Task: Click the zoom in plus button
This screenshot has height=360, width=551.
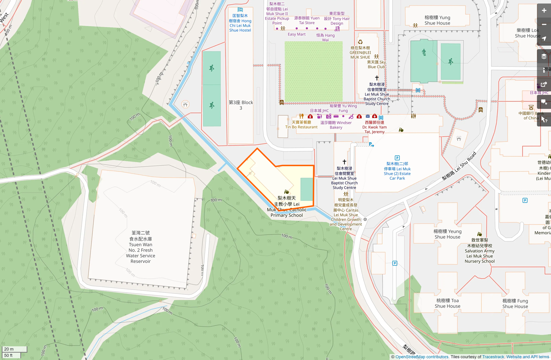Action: (544, 11)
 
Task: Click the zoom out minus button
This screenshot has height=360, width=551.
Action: (544, 25)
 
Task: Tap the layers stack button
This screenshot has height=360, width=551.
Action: (544, 56)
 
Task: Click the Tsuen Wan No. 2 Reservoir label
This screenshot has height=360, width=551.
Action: (140, 247)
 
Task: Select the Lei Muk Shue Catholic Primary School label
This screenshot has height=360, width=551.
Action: (287, 207)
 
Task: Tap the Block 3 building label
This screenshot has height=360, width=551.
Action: (241, 105)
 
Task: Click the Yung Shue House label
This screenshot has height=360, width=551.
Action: (437, 20)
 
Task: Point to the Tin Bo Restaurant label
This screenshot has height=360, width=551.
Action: (301, 125)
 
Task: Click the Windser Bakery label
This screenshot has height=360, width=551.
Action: (336, 125)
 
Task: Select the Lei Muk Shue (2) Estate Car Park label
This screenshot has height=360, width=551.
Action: (397, 171)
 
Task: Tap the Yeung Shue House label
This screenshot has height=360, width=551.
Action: (447, 234)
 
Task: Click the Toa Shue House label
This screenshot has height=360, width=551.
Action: (447, 303)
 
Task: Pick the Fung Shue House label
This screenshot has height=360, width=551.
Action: (515, 304)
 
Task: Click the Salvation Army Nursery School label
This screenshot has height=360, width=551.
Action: (480, 251)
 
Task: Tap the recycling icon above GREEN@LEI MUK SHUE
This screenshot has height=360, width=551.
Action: (360, 42)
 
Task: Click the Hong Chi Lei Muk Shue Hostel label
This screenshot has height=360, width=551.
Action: (240, 23)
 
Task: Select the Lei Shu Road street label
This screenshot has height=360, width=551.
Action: (459, 166)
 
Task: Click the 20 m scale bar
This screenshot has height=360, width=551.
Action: (14, 349)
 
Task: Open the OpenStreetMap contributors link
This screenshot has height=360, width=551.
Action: (422, 357)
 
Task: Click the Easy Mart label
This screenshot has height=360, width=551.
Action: (297, 34)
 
